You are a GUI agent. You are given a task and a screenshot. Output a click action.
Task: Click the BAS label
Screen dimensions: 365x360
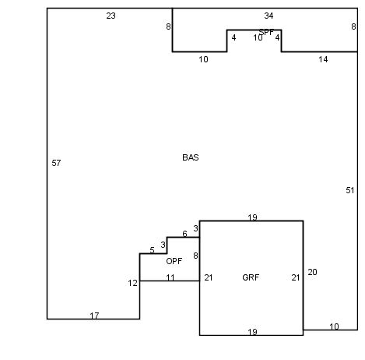coord(191,157)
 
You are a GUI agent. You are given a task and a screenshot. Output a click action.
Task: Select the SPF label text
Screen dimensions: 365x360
coord(266,32)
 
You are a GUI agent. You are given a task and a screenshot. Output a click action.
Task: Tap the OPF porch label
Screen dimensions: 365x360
coord(174,261)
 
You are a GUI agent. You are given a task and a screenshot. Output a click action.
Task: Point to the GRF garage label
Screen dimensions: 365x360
coord(251,277)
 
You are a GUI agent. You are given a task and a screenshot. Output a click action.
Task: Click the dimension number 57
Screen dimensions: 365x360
coord(56,163)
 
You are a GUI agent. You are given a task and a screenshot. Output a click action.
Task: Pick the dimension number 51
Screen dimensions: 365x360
coord(350,190)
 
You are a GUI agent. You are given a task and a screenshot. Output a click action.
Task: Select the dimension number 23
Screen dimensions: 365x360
coord(111,16)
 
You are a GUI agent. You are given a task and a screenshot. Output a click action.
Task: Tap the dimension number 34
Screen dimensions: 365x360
coord(268,16)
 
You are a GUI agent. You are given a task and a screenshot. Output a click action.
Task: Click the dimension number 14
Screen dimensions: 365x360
coord(323,59)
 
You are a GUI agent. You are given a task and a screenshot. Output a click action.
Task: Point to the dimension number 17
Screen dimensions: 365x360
coord(94,316)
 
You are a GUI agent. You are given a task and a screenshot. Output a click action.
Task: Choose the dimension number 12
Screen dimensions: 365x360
coord(132,283)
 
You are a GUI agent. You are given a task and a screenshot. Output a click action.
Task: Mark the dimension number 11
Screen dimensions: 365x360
coord(170,277)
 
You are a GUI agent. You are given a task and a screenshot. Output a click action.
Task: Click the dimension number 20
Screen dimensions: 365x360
coord(312,272)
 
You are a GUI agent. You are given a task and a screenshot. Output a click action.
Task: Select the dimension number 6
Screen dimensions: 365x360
coord(184,234)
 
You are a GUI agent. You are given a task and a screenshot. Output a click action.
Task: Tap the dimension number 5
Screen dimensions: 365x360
coord(152,250)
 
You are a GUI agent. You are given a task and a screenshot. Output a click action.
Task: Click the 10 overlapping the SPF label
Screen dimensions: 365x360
coord(258,37)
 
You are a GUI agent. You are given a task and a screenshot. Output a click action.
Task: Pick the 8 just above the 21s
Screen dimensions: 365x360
coord(195,256)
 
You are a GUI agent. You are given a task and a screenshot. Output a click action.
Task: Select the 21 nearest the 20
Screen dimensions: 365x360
coord(296,277)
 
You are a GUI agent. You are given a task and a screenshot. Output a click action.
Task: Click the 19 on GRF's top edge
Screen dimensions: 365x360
coord(252,217)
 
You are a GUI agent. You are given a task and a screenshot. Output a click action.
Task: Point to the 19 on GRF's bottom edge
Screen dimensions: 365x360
coord(252,332)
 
